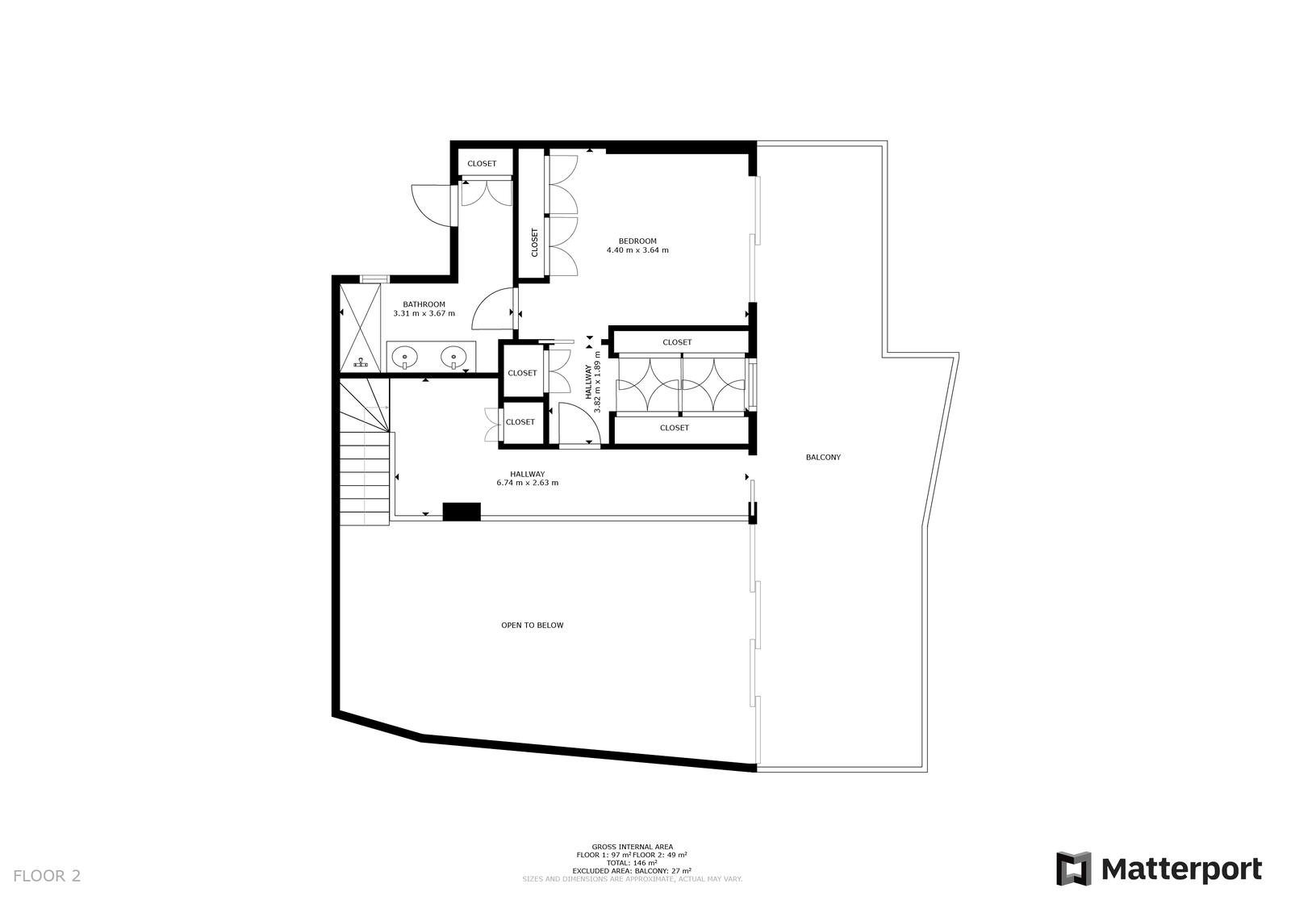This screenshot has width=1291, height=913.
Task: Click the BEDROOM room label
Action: [x=637, y=241]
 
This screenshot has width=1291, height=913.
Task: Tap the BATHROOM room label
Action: [x=424, y=304]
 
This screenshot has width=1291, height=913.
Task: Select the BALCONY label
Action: [x=823, y=458]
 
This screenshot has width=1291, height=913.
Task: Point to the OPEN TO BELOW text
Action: [x=533, y=625]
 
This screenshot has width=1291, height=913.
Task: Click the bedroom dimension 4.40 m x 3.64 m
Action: [x=637, y=250]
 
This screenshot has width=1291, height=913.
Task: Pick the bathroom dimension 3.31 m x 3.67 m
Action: [x=424, y=314]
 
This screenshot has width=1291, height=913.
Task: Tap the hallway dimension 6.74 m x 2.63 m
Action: [x=528, y=483]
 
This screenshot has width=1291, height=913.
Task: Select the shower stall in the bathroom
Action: [x=360, y=329]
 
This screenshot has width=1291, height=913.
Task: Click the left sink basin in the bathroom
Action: [x=405, y=357]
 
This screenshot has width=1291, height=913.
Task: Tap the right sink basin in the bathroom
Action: [x=453, y=357]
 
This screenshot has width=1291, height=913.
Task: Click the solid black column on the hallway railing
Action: [x=462, y=512]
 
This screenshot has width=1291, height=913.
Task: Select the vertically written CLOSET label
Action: [x=534, y=243]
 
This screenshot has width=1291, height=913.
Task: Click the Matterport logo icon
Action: [x=1074, y=868]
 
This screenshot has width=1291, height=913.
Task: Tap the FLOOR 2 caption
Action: [x=48, y=876]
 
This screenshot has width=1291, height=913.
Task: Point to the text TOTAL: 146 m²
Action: [x=632, y=863]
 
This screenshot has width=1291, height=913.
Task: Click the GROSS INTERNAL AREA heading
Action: [x=633, y=848]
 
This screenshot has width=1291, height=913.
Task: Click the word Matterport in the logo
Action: [x=1181, y=869]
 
